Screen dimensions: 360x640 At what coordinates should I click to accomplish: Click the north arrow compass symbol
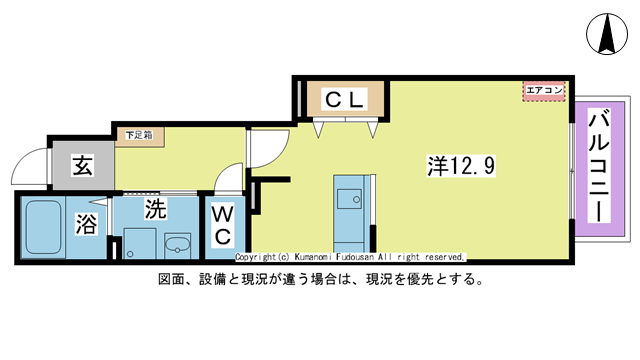tap(606, 35)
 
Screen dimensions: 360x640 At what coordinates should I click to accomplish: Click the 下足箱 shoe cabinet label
tap(139, 135)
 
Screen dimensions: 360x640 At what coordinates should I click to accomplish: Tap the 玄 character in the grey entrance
tap(82, 167)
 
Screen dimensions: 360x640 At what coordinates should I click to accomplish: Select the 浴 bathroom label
tap(88, 225)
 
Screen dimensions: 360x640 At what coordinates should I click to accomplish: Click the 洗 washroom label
tap(155, 209)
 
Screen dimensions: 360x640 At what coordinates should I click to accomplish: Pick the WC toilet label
tap(222, 226)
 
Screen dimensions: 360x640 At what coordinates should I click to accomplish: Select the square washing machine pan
tap(136, 244)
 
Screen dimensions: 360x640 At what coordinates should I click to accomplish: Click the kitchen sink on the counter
tap(350, 198)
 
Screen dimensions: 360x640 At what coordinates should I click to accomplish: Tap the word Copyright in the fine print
tap(258, 257)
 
